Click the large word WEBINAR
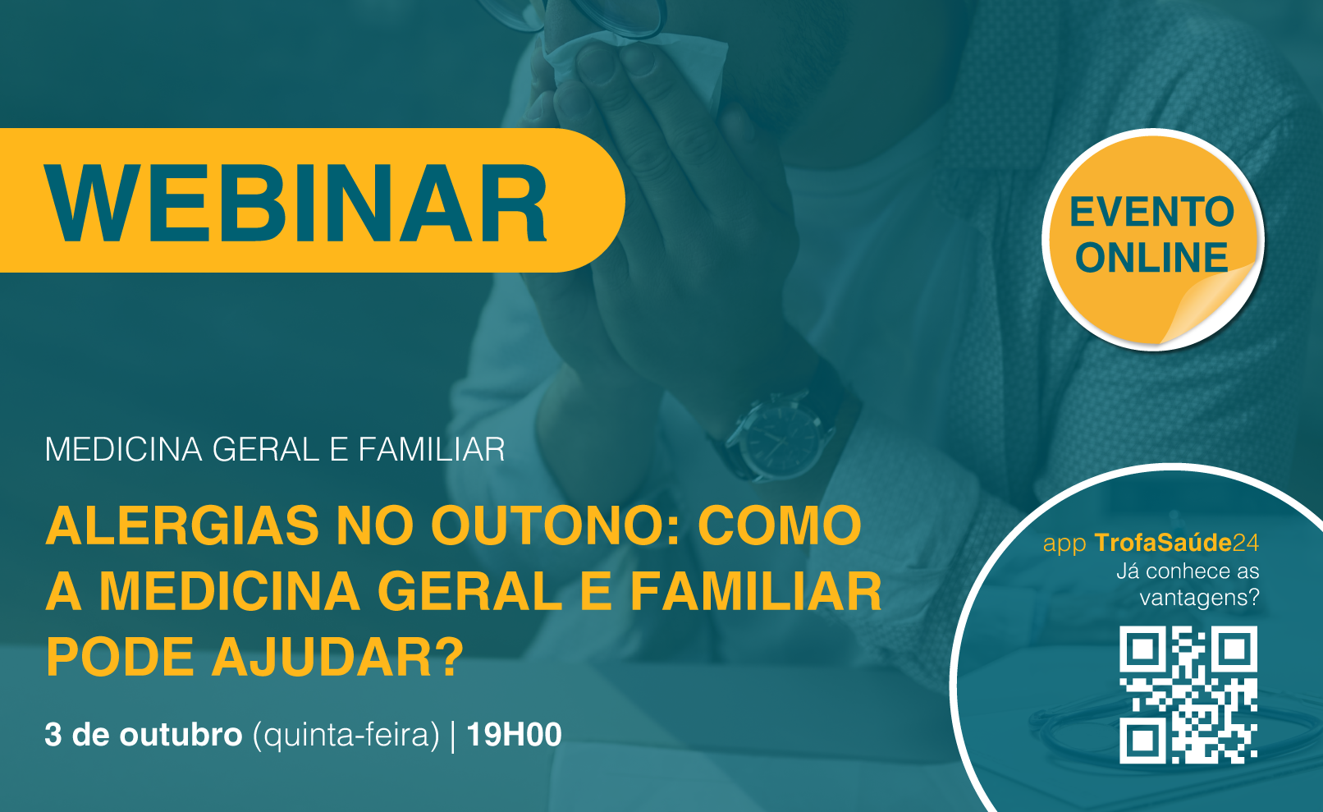click(295, 203)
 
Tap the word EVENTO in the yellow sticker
click(1151, 212)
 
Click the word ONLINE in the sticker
click(1151, 258)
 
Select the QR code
click(1188, 695)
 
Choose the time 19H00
click(514, 735)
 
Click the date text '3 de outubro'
click(144, 735)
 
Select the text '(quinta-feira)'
click(346, 736)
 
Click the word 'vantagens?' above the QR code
click(1200, 598)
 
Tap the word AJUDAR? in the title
click(337, 657)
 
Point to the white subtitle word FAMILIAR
click(432, 449)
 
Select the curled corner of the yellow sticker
click(1211, 305)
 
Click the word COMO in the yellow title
click(780, 525)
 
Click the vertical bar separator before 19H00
click(453, 736)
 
